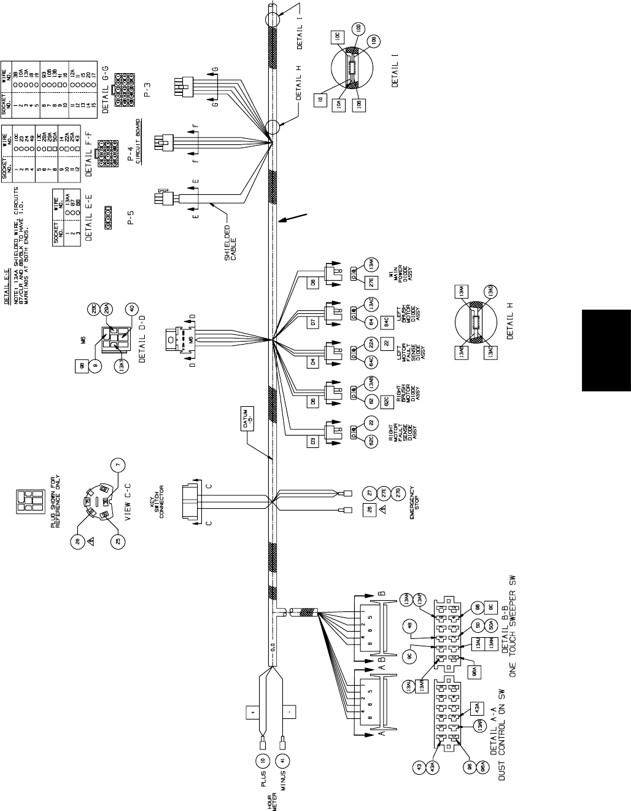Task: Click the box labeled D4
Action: (312, 362)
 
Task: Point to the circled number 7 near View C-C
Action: (119, 464)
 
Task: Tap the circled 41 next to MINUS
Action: (281, 761)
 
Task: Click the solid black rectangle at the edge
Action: (606, 350)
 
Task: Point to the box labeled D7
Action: (312, 322)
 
